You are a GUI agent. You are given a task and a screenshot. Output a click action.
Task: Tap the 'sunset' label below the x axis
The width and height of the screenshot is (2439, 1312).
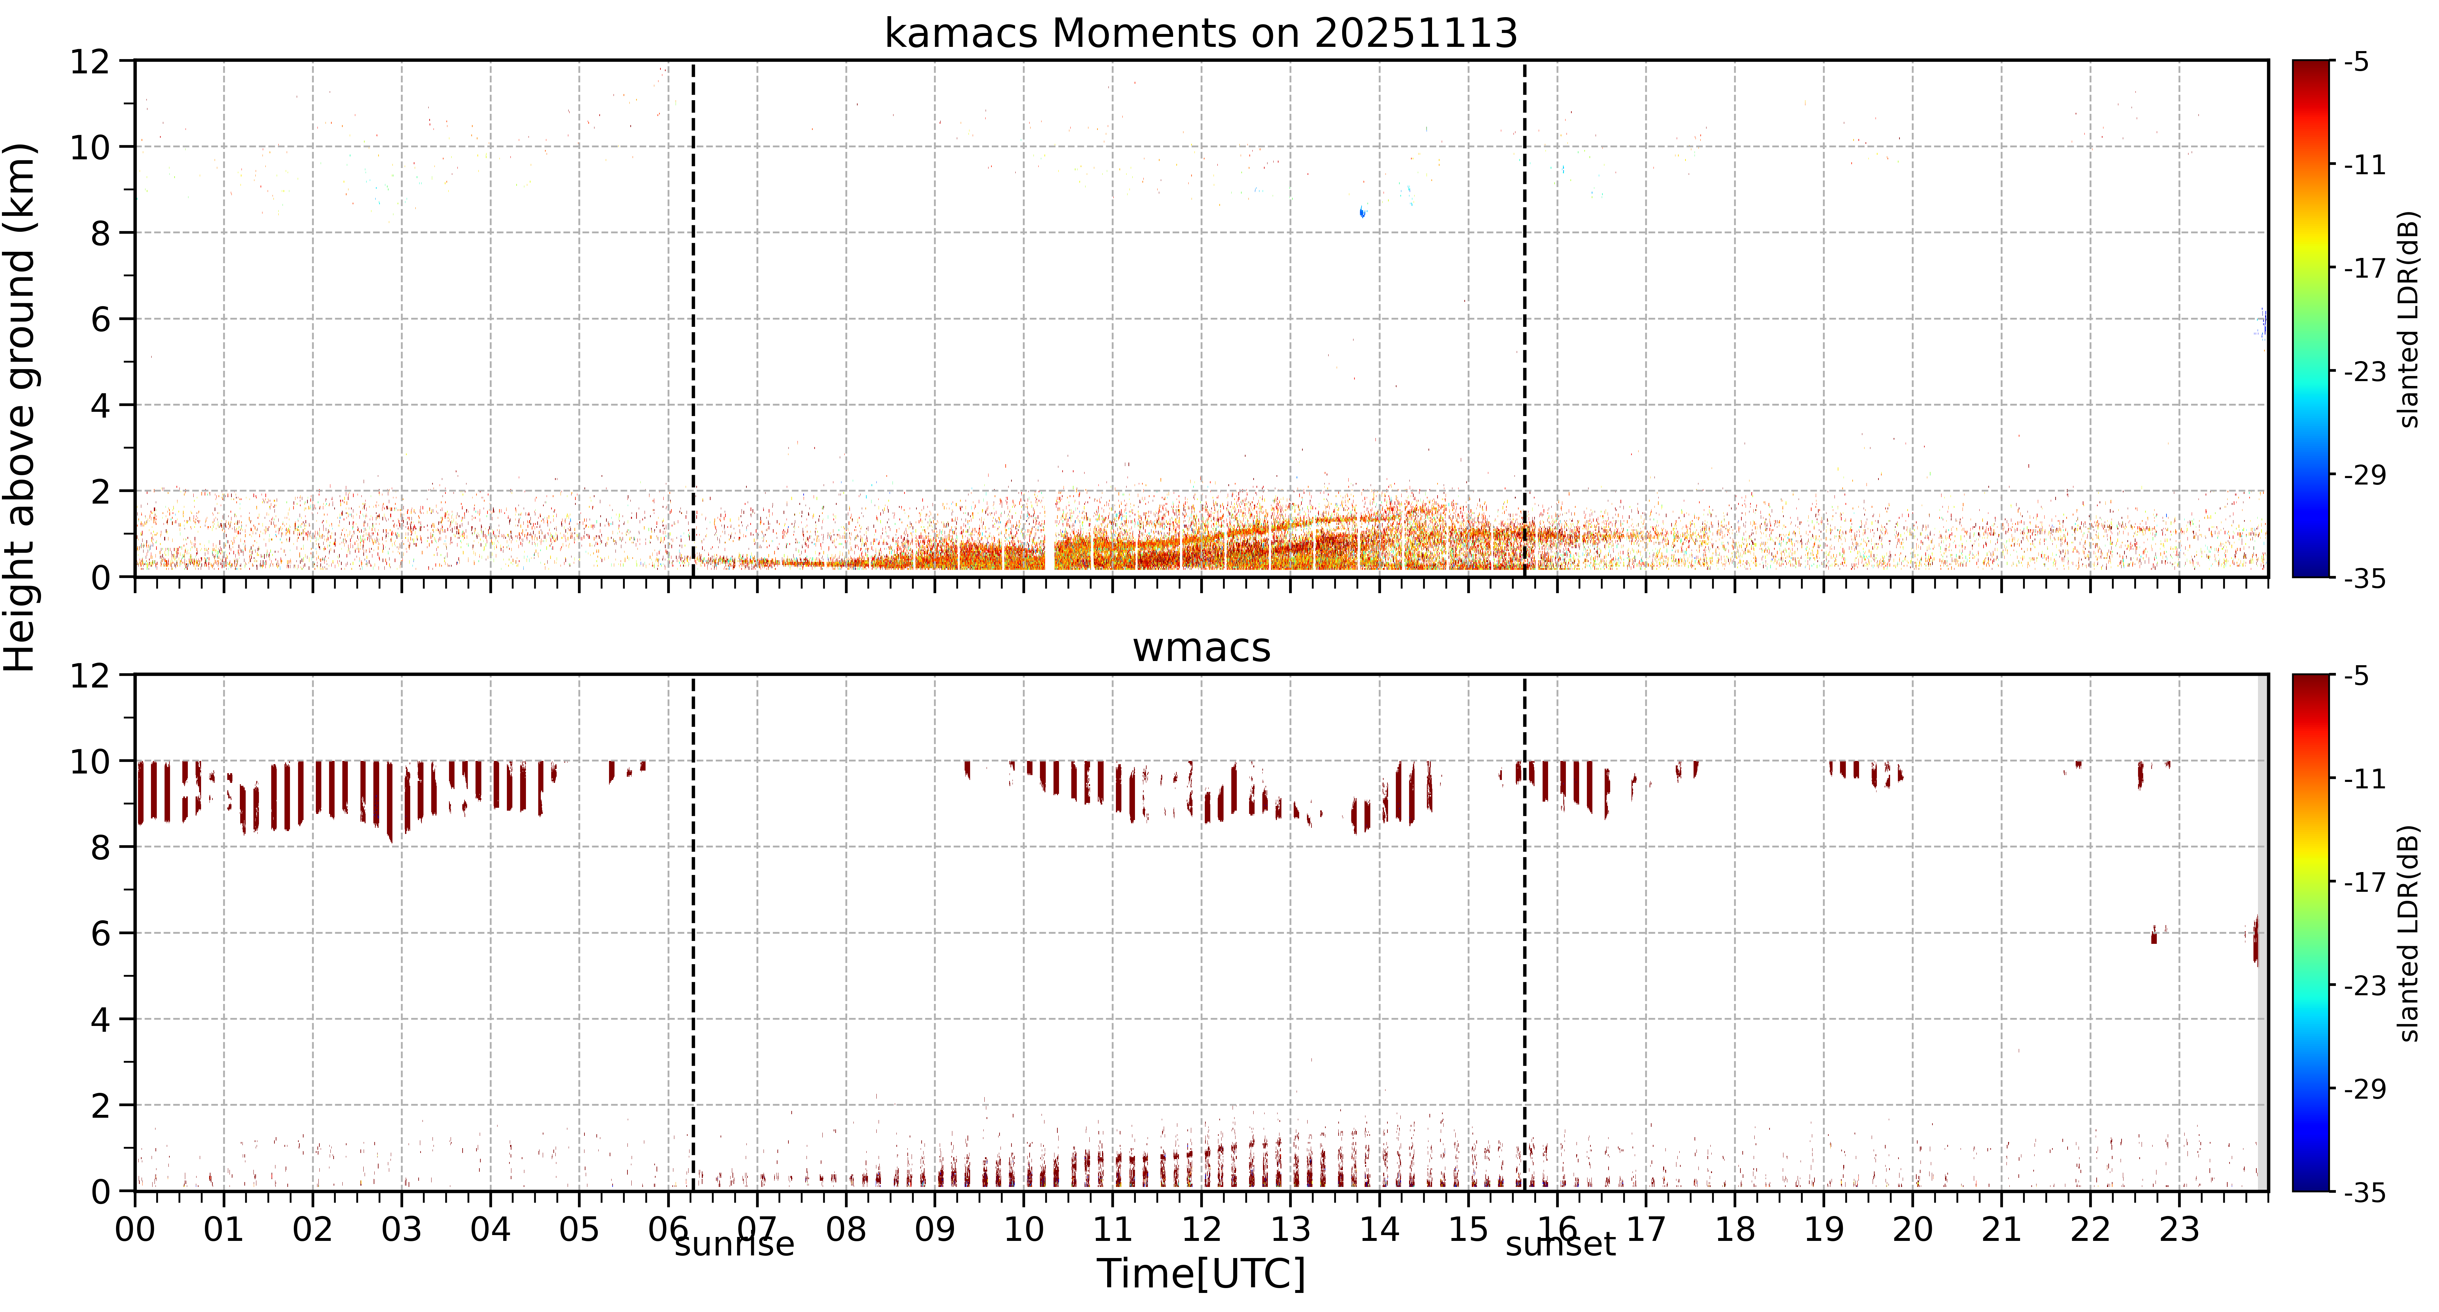[1560, 1244]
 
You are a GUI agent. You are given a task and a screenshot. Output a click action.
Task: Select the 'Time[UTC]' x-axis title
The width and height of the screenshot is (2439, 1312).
[1201, 1274]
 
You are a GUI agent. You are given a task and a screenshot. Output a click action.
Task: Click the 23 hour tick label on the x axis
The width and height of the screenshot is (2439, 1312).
[2179, 1230]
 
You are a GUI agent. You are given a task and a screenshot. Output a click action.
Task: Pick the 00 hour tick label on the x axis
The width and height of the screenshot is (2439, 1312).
[135, 1230]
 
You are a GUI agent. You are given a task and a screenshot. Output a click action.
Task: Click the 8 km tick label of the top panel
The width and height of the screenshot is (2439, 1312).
[100, 233]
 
